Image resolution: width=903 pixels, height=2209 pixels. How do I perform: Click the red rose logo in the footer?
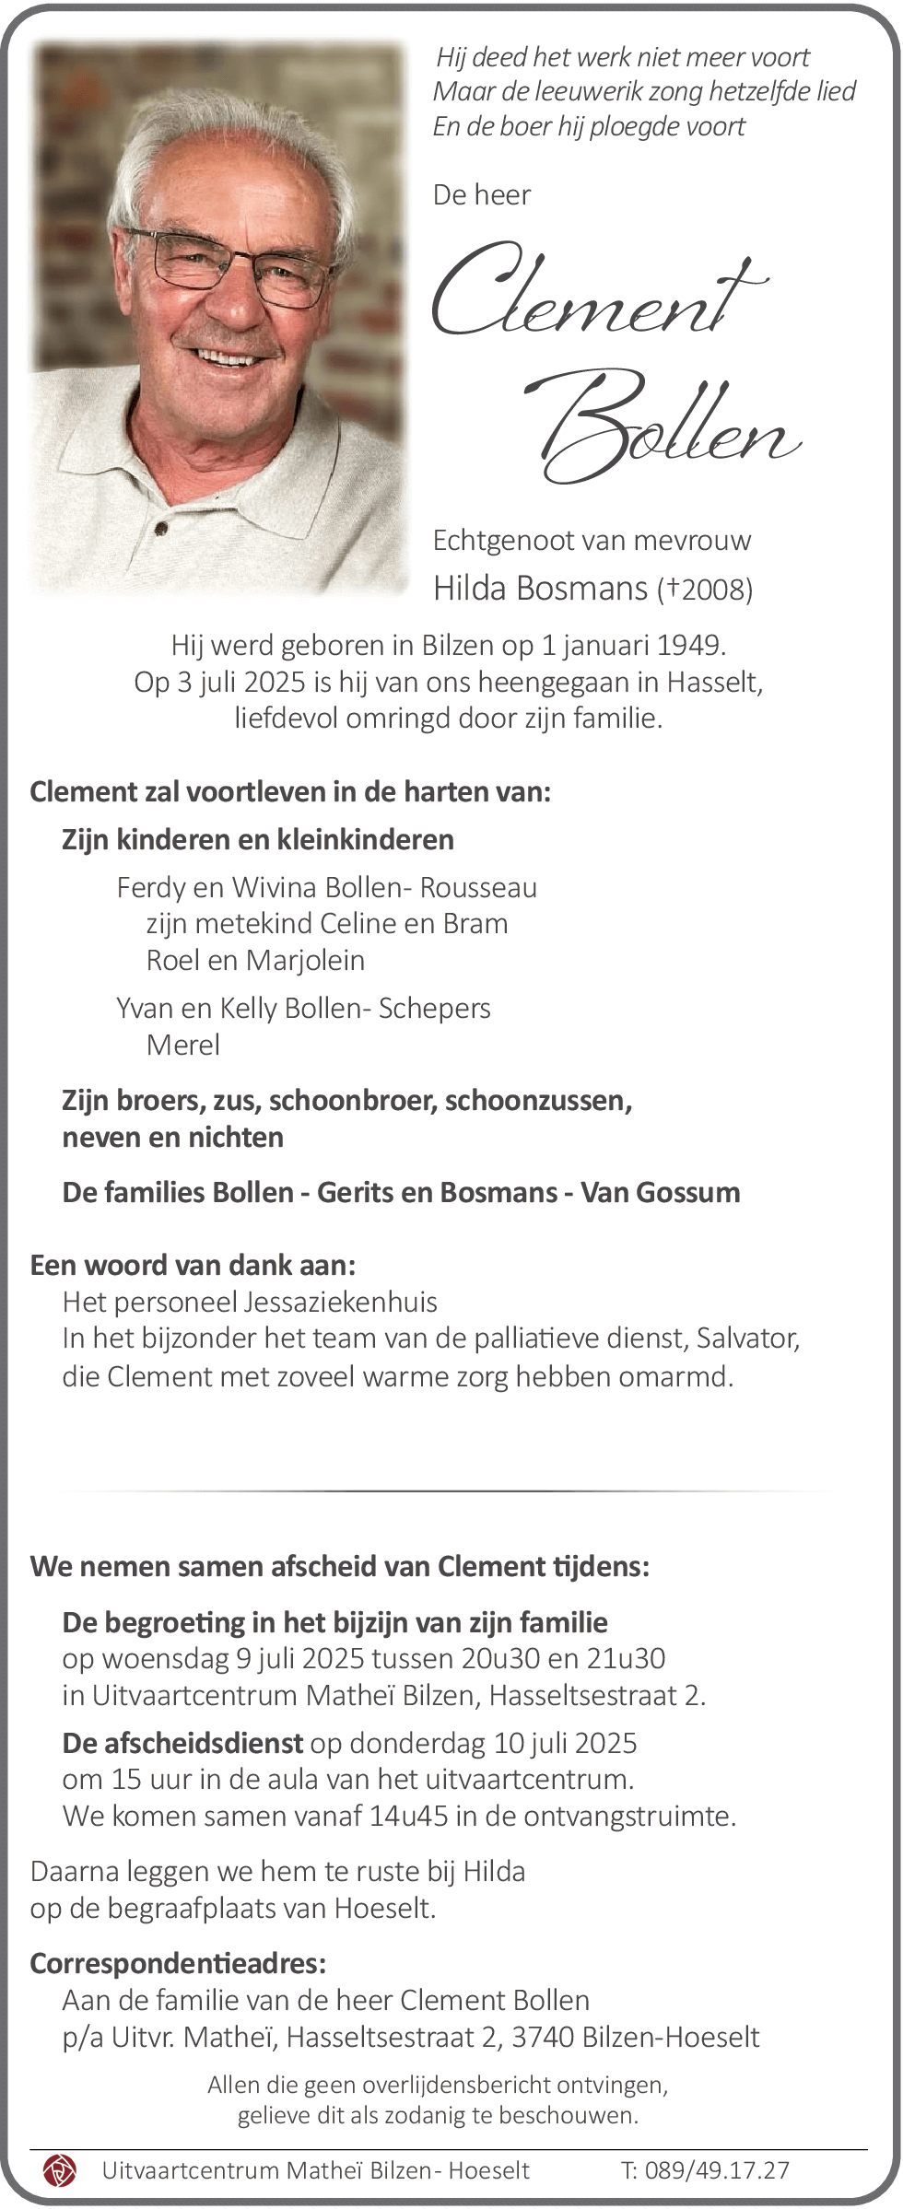pos(60,2170)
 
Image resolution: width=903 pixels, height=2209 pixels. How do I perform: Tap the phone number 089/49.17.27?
pos(717,2170)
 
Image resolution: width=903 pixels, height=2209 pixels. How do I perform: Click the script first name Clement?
pos(599,290)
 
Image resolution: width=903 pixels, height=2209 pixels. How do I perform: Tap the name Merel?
pos(183,1045)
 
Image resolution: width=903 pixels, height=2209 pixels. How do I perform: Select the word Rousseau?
pos(478,887)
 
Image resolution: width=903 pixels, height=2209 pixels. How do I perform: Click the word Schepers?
pos(434,1008)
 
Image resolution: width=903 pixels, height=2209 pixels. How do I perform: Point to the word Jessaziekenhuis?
pos(340,1302)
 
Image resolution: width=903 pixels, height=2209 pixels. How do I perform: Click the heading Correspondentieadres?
pos(178,1963)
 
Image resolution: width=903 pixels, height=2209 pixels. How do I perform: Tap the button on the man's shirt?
pos(162,529)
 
